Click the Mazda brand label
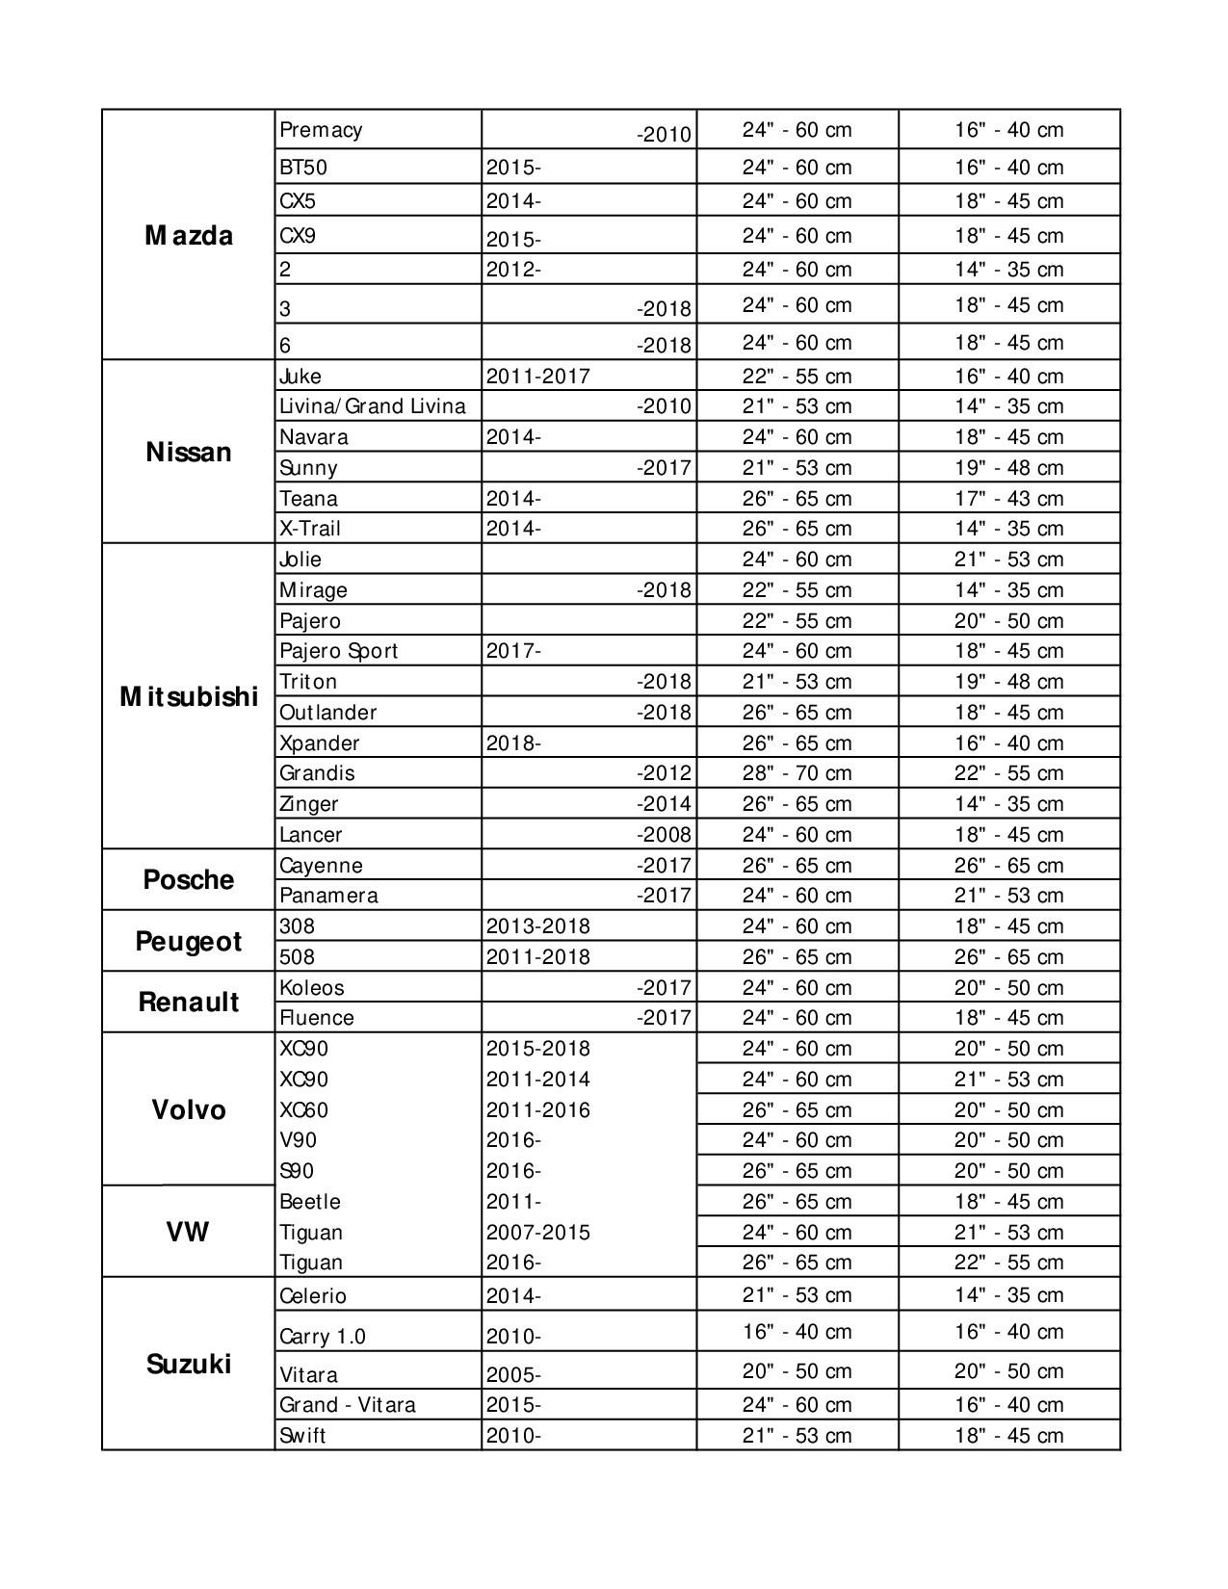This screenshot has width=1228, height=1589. tap(189, 236)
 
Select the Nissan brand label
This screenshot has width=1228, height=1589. tap(189, 452)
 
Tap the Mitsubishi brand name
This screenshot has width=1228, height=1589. tap(189, 696)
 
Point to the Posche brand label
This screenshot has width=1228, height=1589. tap(189, 879)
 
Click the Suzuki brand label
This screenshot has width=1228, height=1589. tap(189, 1364)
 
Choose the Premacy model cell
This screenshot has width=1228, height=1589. tap(321, 130)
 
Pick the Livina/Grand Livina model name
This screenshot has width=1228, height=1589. tap(373, 405)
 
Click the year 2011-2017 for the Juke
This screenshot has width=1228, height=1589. tap(537, 376)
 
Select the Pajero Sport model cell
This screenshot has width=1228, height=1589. tap(339, 651)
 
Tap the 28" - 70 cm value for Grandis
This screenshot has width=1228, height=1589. tap(797, 773)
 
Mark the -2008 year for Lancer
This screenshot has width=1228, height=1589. tap(664, 834)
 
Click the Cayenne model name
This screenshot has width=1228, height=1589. tap(321, 865)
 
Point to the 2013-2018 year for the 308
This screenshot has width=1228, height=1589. tap(537, 925)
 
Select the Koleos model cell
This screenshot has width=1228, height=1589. tap(312, 987)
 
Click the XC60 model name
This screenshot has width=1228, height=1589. tap(304, 1109)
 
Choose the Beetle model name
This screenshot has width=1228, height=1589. tap(310, 1201)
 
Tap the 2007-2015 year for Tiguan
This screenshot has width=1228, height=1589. tap(537, 1232)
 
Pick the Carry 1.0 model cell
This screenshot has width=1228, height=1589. tap(323, 1336)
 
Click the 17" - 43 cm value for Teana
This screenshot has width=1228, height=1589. tap(1008, 498)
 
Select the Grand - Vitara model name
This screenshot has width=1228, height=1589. tap(348, 1404)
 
